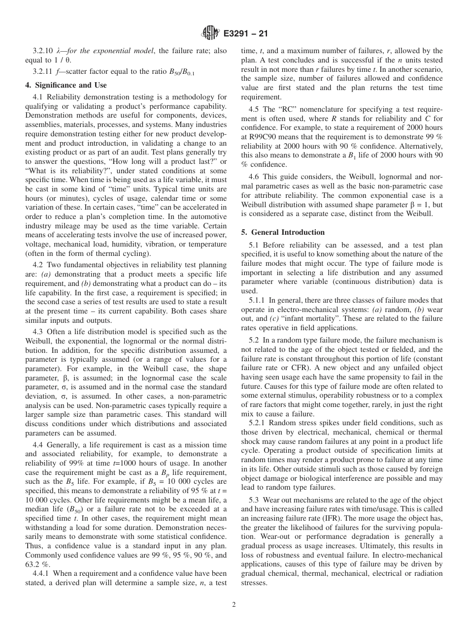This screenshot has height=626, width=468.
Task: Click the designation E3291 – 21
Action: tap(245, 34)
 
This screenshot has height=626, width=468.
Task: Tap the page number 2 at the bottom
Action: tap(234, 605)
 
